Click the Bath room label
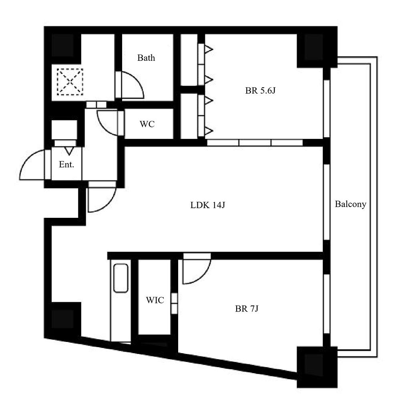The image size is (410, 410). pos(146,58)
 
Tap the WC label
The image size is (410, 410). pos(147,124)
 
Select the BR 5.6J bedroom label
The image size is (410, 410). pos(260,90)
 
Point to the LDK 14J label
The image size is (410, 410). pos(208,205)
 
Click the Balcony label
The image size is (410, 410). pos(350,204)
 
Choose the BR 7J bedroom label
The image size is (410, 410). pos(247,309)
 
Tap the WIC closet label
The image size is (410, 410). pos(155,300)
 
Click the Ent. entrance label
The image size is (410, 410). pos(66,165)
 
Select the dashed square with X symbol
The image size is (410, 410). pos(70,82)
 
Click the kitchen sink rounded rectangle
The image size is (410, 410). pos(121,278)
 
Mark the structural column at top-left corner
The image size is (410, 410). pos(62,45)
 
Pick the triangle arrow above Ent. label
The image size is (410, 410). pos(69,151)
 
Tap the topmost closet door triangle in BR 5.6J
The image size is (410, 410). pos(209,49)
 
